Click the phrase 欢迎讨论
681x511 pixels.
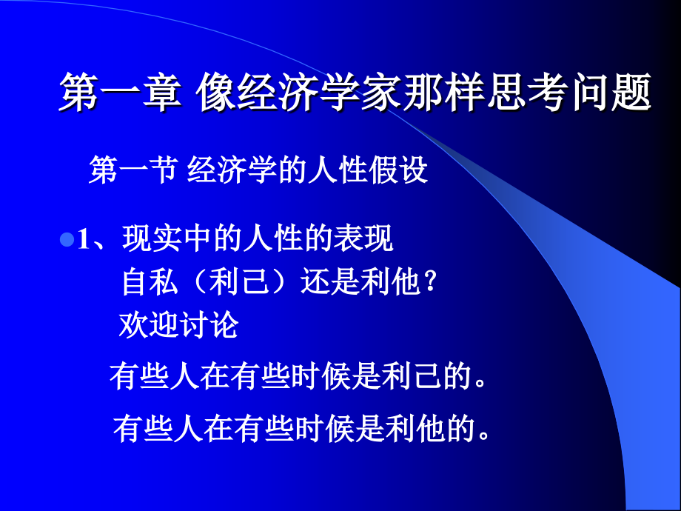pyautogui.click(x=178, y=324)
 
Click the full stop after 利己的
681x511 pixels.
pyautogui.click(x=481, y=382)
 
